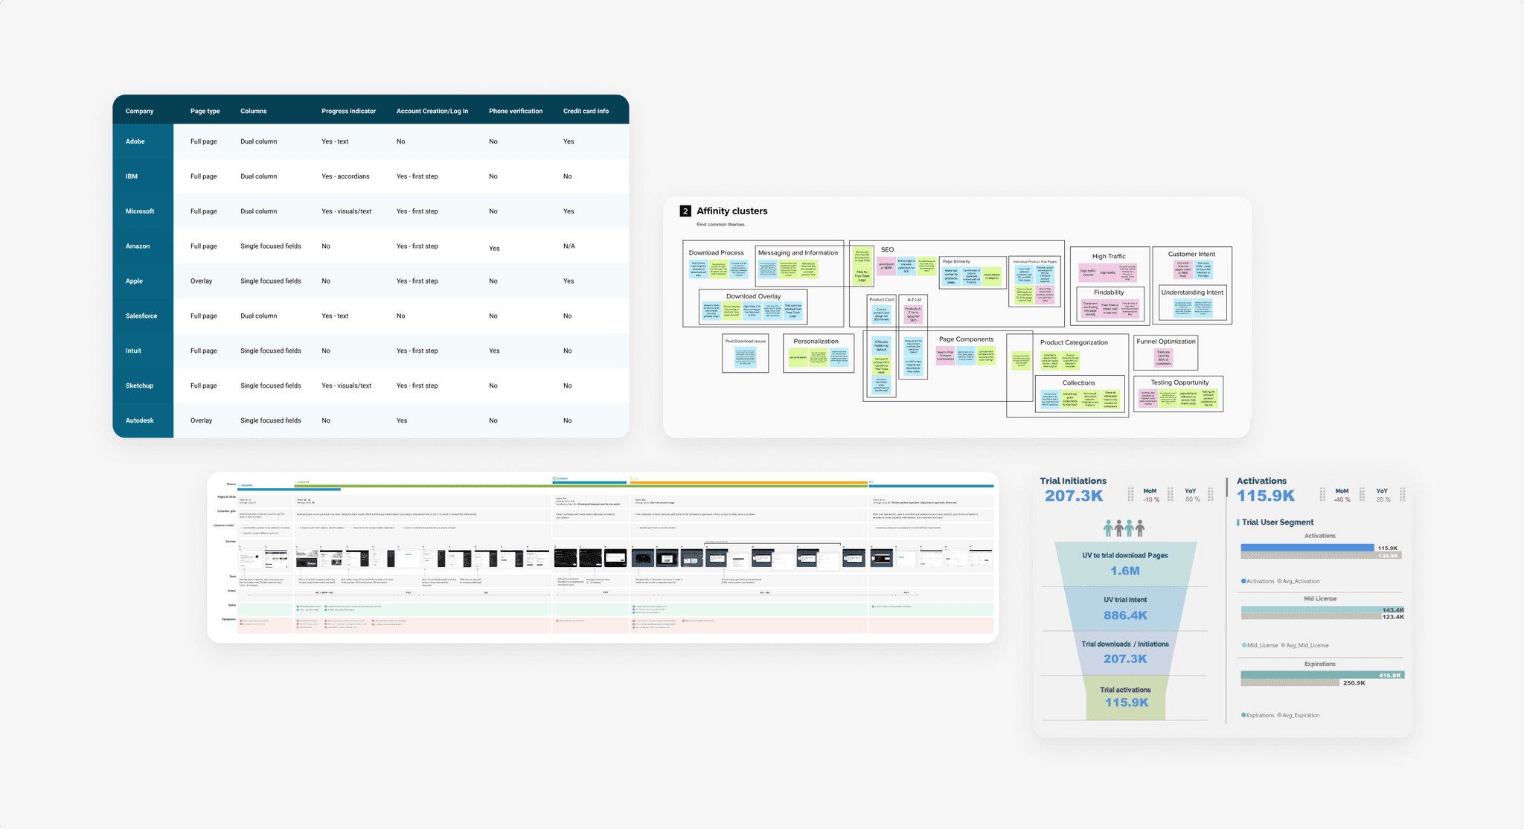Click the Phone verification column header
pyautogui.click(x=515, y=111)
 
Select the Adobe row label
pyautogui.click(x=135, y=141)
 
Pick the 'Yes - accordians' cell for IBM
pyautogui.click(x=345, y=176)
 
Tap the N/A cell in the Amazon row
pyautogui.click(x=569, y=246)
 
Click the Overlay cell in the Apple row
pyautogui.click(x=201, y=281)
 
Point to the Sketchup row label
pyautogui.click(x=139, y=385)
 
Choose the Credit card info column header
pyautogui.click(x=586, y=111)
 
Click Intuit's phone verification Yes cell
pyautogui.click(x=494, y=351)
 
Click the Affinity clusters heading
pyautogui.click(x=731, y=211)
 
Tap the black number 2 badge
pyautogui.click(x=685, y=211)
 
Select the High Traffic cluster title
pyautogui.click(x=1109, y=256)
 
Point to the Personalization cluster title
pyautogui.click(x=816, y=342)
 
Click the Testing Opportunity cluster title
pyautogui.click(x=1179, y=383)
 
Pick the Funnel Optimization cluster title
pyautogui.click(x=1166, y=342)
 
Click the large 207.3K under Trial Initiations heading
pyautogui.click(x=1074, y=496)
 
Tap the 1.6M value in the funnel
pyautogui.click(x=1125, y=571)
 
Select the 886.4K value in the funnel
pyautogui.click(x=1125, y=615)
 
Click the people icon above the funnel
pyautogui.click(x=1124, y=528)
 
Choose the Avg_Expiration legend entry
pyautogui.click(x=1300, y=715)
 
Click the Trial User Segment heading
pyautogui.click(x=1277, y=522)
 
